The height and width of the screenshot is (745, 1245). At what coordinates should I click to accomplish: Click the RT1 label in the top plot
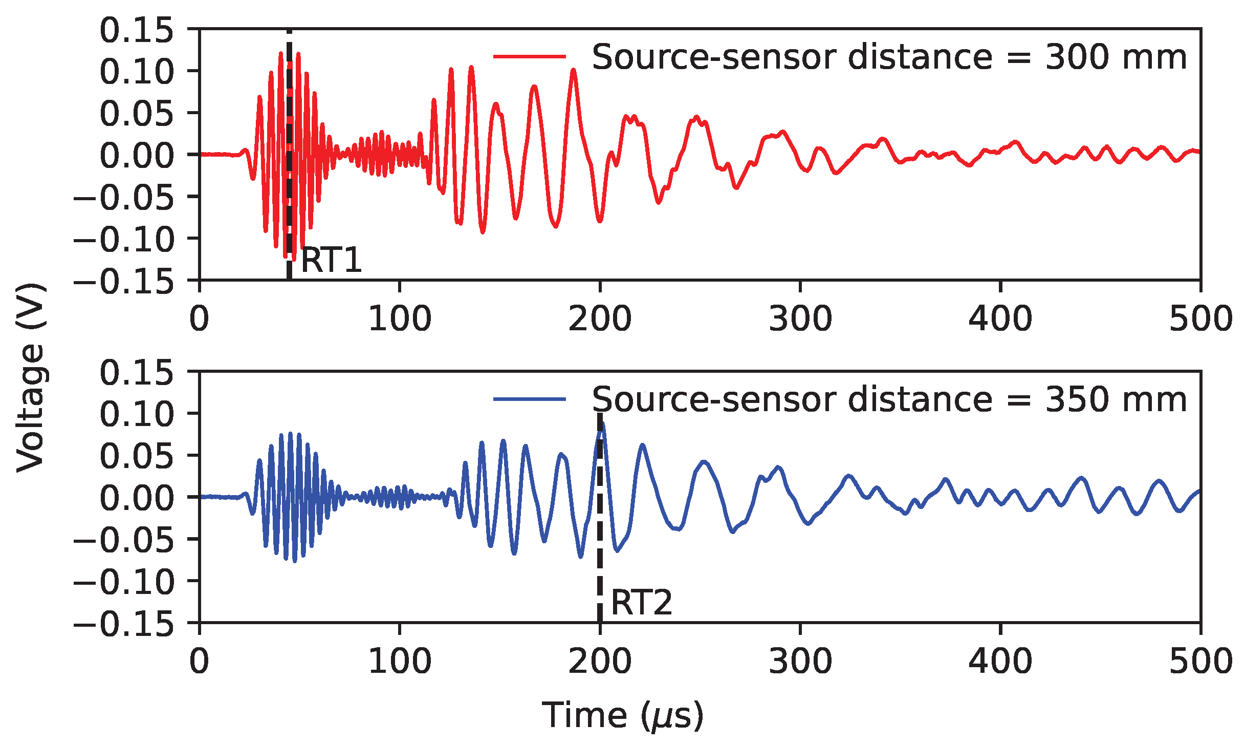click(x=331, y=260)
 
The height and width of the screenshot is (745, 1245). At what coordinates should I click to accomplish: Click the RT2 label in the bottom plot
click(x=641, y=603)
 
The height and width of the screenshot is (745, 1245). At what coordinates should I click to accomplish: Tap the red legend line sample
click(x=529, y=56)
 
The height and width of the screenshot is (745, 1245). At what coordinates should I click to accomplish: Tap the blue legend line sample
click(x=529, y=399)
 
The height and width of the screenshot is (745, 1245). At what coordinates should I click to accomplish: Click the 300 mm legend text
click(x=889, y=57)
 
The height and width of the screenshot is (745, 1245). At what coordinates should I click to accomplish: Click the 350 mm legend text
click(x=889, y=399)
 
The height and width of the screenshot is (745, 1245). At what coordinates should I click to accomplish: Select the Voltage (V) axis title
click(x=31, y=377)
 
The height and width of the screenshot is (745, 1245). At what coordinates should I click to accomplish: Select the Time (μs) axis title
click(x=622, y=716)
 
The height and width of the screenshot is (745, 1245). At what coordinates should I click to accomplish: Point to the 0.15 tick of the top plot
click(x=137, y=30)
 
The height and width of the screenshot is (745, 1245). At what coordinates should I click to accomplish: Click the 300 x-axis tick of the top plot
click(x=800, y=319)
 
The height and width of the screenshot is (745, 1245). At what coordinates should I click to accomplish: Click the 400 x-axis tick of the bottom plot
click(x=1000, y=662)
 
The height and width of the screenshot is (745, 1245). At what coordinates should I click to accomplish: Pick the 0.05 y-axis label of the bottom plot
click(x=137, y=456)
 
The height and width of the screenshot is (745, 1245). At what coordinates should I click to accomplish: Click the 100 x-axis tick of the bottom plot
click(x=400, y=662)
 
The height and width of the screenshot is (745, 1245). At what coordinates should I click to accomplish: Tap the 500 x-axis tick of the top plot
click(x=1200, y=319)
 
